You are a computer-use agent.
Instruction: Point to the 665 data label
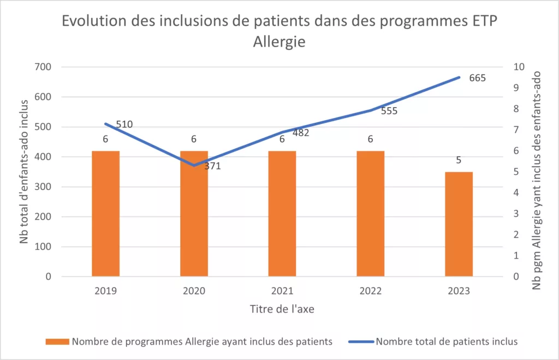pos(477,78)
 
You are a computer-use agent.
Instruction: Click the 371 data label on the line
pos(212,166)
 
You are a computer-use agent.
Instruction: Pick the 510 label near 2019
pos(124,125)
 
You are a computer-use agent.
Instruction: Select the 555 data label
pos(389,111)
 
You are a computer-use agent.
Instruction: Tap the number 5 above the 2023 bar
pos(459,161)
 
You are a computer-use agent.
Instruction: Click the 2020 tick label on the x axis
pos(194,291)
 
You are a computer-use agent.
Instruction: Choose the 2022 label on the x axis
pos(370,291)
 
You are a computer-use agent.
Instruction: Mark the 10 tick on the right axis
pos(519,67)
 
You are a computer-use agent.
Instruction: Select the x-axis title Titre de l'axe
pos(282,309)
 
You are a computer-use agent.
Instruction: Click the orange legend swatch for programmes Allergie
pos(57,341)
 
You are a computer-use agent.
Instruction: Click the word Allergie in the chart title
pos(279,42)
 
